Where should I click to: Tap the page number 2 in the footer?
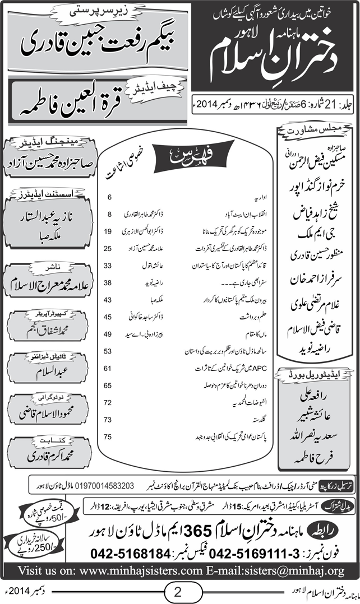click(x=179, y=590)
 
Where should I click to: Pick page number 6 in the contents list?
click(x=110, y=197)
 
